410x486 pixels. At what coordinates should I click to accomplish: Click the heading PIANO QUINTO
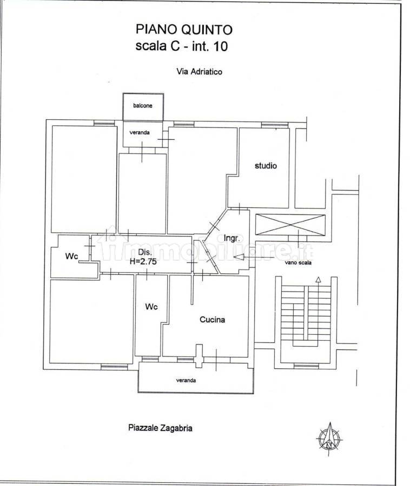coord(184,30)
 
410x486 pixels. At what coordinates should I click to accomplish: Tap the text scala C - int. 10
coord(182,46)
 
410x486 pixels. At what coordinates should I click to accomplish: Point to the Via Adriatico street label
coord(199,72)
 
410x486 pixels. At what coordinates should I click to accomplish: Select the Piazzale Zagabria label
coord(160,428)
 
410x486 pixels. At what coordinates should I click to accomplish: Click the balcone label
coord(143,106)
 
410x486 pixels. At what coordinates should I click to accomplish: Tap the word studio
coord(266,166)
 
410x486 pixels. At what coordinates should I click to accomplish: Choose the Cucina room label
coord(212,320)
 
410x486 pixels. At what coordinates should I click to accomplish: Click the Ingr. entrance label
coord(232,238)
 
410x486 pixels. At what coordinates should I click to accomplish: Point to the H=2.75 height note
coord(143,261)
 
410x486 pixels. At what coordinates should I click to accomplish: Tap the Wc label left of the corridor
coord(72,256)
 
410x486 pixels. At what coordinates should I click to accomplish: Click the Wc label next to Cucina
coord(151,307)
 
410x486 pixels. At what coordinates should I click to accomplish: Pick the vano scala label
coord(298,262)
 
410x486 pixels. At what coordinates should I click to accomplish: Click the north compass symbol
coord(329,438)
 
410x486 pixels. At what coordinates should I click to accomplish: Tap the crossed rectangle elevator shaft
coord(290,225)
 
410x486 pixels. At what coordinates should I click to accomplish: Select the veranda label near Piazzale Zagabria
coord(186,380)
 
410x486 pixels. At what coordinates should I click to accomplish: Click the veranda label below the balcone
coord(140,132)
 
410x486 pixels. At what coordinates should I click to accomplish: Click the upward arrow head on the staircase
coord(318,280)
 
